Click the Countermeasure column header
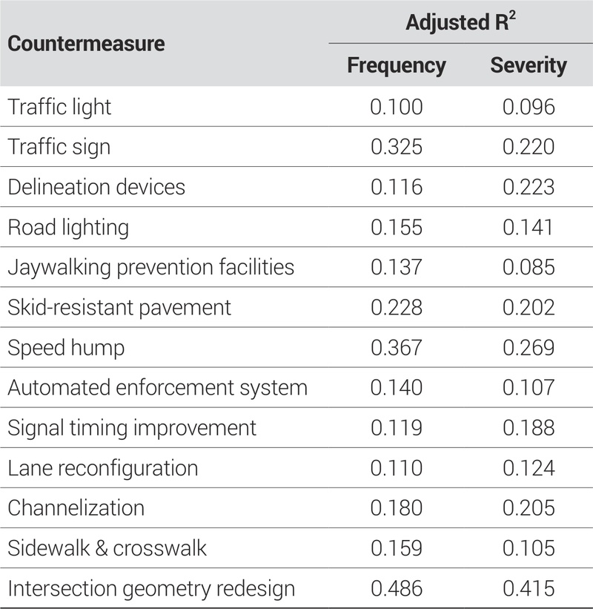[x=86, y=43]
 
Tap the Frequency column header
[x=397, y=65]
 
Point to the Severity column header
[x=529, y=65]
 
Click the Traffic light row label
[x=59, y=107]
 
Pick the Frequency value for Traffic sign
[x=397, y=147]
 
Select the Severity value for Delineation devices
[x=529, y=187]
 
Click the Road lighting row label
[x=68, y=227]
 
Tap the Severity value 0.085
[x=529, y=267]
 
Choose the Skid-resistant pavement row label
[x=119, y=307]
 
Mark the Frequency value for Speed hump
[x=397, y=347]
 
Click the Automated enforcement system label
[x=157, y=388]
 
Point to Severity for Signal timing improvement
[x=529, y=428]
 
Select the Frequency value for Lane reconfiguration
[x=397, y=468]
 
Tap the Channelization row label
[x=76, y=508]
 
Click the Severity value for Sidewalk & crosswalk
[x=529, y=548]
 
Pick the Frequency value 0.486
[x=397, y=588]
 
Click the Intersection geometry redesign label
[x=151, y=588]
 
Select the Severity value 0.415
[x=529, y=588]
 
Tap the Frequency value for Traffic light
[x=397, y=107]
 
